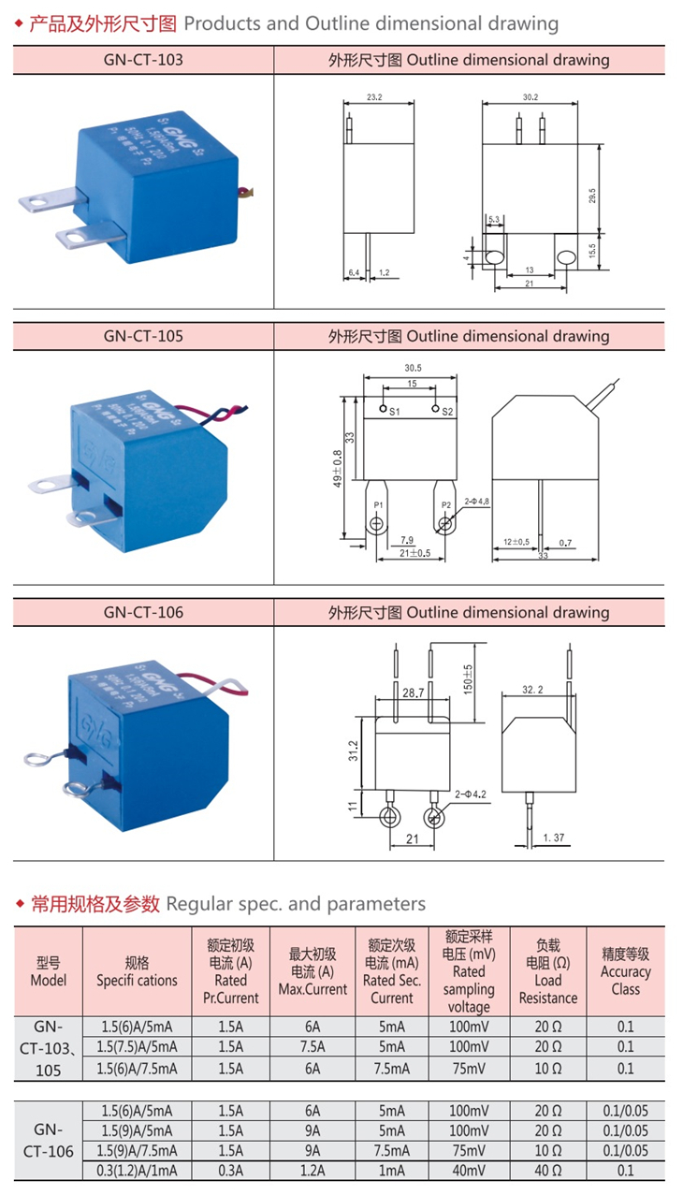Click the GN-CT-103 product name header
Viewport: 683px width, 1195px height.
click(143, 60)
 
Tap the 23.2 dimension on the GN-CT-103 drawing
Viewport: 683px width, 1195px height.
click(374, 96)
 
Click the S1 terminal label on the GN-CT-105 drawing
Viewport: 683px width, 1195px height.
click(394, 411)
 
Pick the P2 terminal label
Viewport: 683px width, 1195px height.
click(446, 504)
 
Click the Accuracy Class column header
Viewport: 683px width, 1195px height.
click(625, 971)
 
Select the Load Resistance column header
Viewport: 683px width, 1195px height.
click(548, 971)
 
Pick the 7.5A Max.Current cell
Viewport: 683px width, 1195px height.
click(312, 1046)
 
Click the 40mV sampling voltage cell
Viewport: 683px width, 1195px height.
click(469, 1170)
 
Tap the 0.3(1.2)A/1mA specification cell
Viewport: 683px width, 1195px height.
click(138, 1170)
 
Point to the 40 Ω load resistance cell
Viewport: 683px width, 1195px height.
click(548, 1170)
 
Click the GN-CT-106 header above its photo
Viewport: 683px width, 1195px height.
click(143, 612)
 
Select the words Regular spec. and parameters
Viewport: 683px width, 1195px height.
click(296, 903)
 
